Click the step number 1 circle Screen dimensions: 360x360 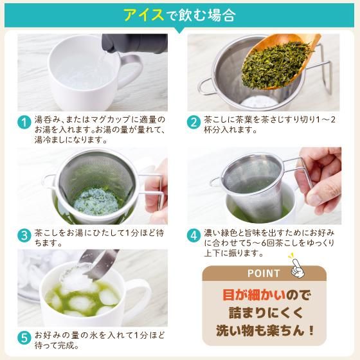(x=24, y=122)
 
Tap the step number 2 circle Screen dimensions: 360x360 (x=194, y=122)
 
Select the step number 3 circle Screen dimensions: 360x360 (x=24, y=235)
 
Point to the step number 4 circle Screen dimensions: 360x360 (x=194, y=235)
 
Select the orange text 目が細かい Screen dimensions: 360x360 (x=248, y=296)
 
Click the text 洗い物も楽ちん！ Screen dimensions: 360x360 (x=264, y=332)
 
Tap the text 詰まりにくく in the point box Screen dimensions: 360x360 (x=264, y=314)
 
